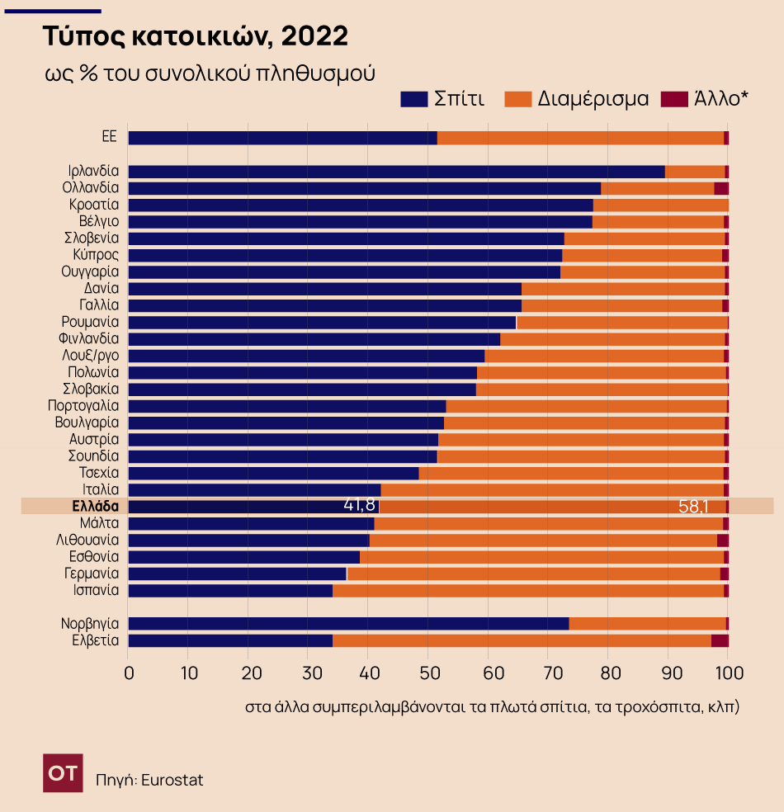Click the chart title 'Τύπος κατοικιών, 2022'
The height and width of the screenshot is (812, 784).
point(196,36)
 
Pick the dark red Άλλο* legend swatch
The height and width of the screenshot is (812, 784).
point(675,99)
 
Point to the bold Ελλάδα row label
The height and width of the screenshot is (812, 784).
point(96,506)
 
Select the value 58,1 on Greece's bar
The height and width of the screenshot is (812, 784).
point(693,506)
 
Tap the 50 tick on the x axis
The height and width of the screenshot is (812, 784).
point(428,673)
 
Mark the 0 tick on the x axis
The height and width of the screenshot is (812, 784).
point(129,673)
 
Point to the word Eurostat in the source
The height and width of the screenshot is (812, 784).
point(172,780)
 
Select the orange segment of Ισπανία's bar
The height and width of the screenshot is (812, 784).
point(528,590)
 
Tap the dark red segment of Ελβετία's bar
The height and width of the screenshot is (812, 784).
point(720,640)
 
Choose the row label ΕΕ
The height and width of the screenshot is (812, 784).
point(110,138)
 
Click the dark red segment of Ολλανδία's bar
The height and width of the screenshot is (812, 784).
point(721,188)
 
